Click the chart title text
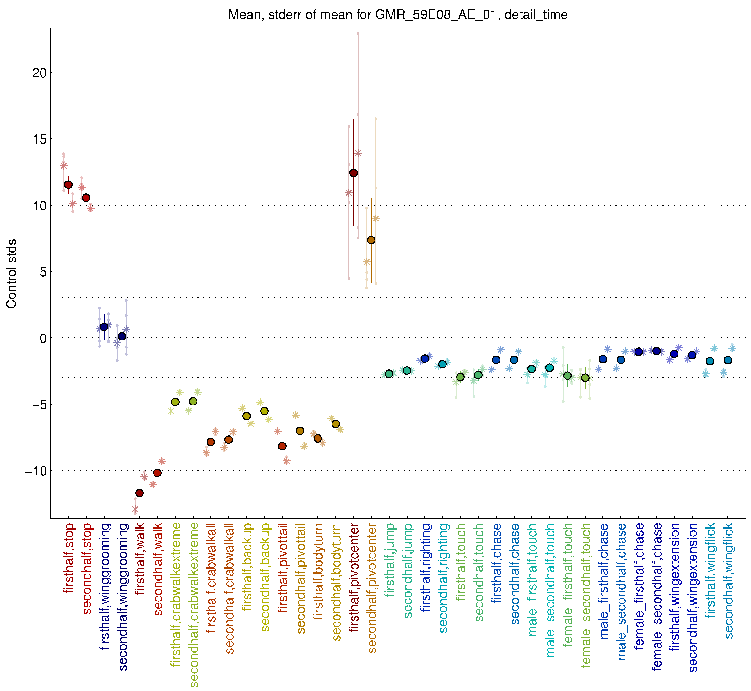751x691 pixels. click(x=398, y=15)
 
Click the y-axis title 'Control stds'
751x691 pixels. click(x=12, y=273)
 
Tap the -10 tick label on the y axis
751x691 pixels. click(x=36, y=471)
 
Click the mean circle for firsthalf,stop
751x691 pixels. click(x=68, y=184)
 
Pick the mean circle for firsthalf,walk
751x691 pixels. click(x=139, y=493)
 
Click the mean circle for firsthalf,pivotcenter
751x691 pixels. click(x=354, y=173)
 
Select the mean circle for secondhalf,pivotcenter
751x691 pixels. click(x=371, y=240)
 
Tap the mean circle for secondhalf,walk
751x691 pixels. click(x=157, y=473)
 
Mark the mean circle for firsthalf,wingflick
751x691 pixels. click(x=710, y=361)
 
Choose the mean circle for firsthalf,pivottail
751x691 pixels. click(x=282, y=446)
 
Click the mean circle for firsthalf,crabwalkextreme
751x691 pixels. click(x=175, y=402)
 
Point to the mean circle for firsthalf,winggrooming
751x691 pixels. click(x=104, y=327)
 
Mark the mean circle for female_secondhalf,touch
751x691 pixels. click(x=586, y=378)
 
